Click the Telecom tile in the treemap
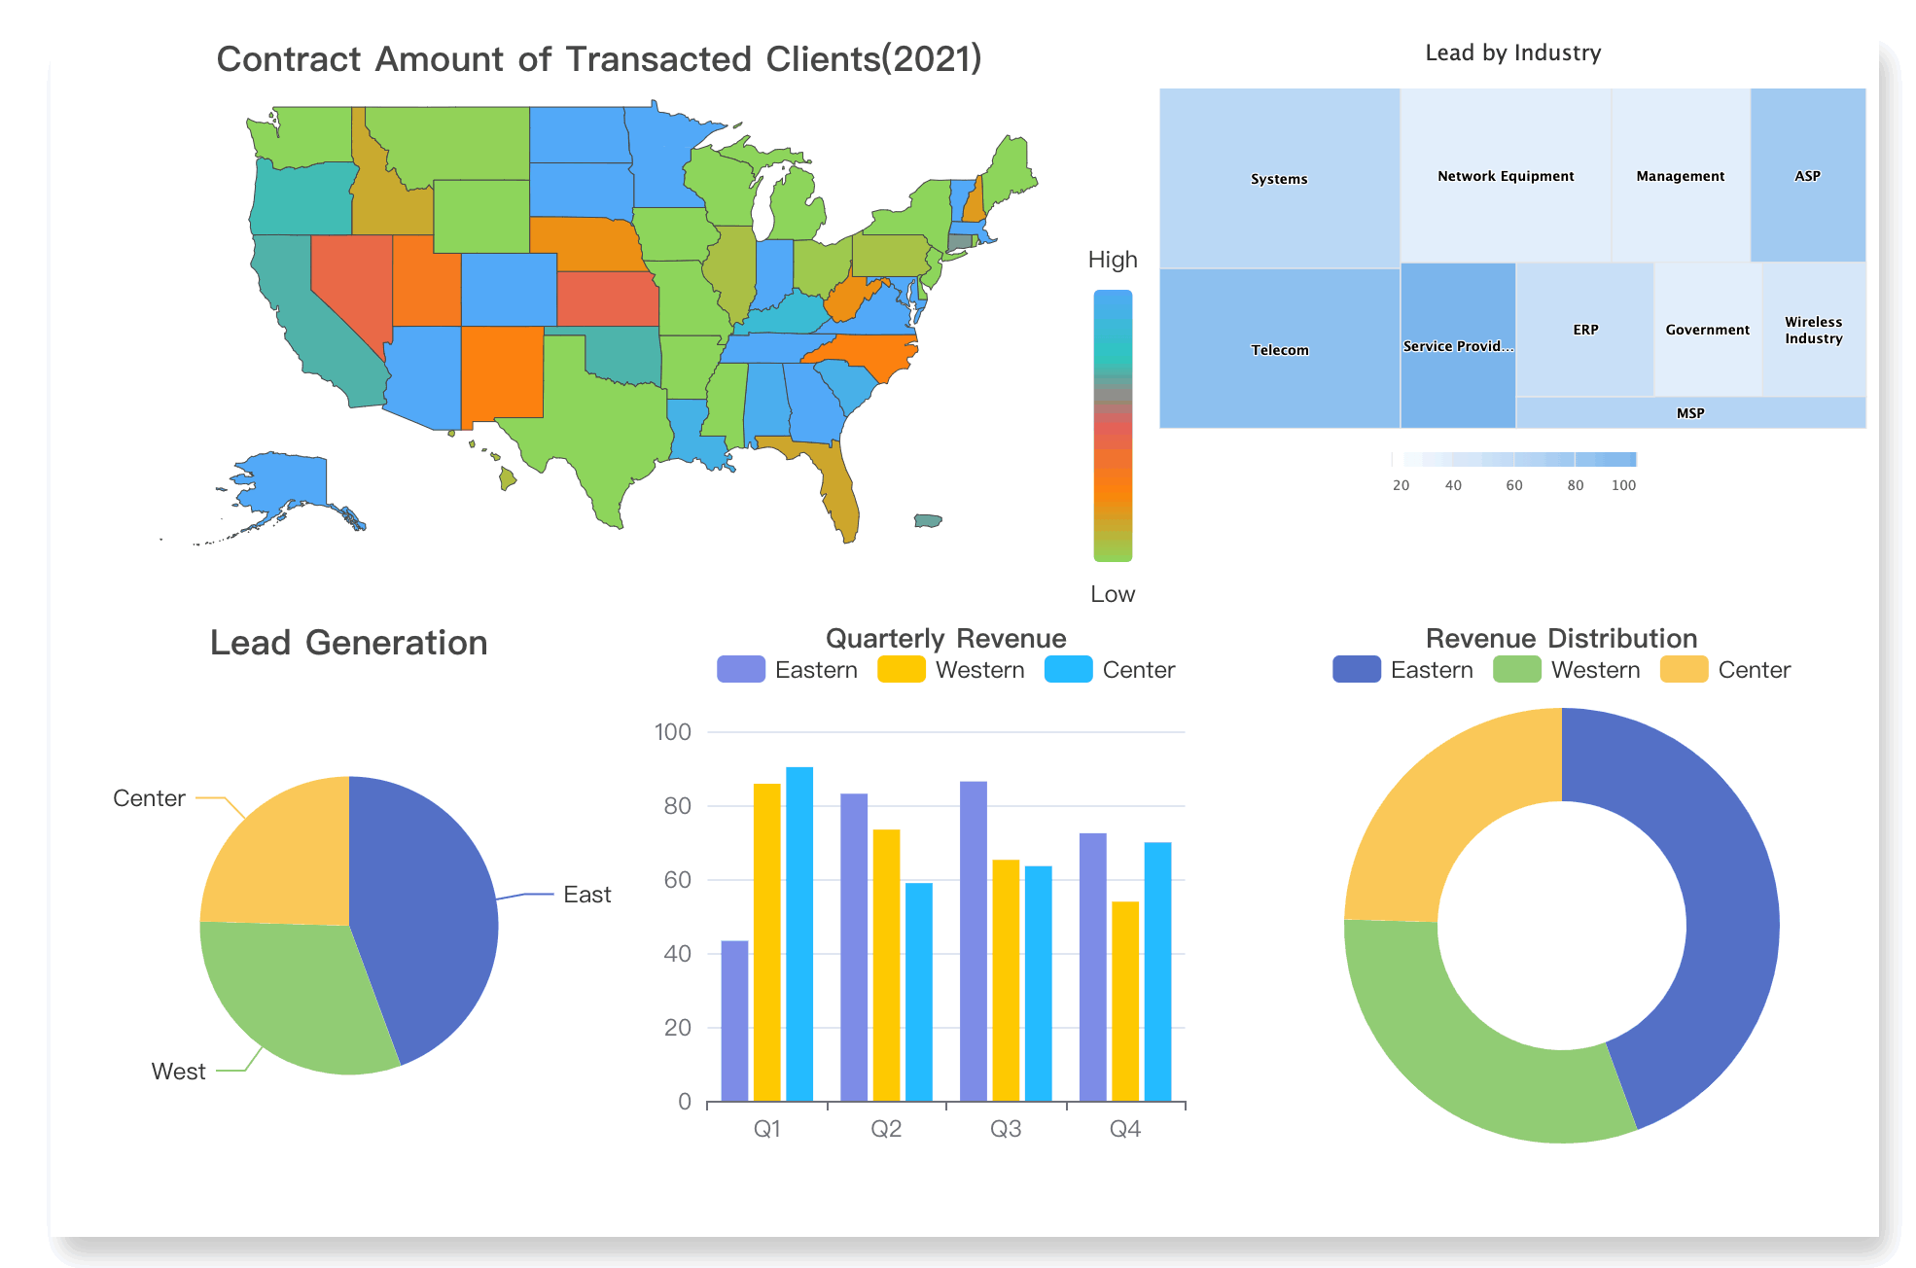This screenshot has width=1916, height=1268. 1279,349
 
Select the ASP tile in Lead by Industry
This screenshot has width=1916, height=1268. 1807,175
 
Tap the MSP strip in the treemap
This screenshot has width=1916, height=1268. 1690,413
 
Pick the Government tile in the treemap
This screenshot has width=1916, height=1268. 1707,330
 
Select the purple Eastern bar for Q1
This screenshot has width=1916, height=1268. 734,1021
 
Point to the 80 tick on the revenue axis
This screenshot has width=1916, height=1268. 677,806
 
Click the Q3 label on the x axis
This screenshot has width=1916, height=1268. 1006,1129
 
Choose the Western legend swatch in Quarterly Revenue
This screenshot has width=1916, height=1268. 901,670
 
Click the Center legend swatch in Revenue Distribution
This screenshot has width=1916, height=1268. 1684,670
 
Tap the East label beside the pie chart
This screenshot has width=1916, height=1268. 586,895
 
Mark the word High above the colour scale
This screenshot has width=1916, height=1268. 1113,260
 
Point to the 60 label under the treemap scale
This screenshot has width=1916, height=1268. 1514,485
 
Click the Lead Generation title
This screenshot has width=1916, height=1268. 348,643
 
